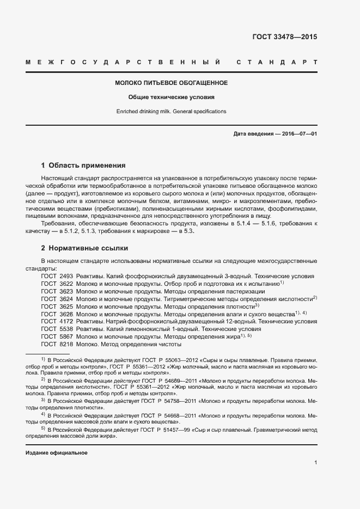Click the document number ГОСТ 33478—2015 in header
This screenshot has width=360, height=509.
pos(284,38)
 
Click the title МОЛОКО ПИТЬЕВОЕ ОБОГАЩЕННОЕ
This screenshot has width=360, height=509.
pos(171,83)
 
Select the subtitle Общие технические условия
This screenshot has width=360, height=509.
pos(171,97)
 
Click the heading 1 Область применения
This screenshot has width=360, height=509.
pos(83,165)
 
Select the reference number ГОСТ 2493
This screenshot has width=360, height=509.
pos(57,277)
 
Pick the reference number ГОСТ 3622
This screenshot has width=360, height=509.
pos(57,284)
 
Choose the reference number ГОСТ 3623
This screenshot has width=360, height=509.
pos(57,292)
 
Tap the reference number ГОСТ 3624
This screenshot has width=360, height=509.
pos(57,299)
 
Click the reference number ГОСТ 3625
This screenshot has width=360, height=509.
pos(57,307)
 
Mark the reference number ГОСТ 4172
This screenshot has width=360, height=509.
pos(57,322)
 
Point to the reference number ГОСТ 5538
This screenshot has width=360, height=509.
pos(57,329)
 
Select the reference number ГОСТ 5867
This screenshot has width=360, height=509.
pos(57,337)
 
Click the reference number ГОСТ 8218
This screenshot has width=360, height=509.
pos(57,345)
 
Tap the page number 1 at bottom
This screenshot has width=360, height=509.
pos(315,463)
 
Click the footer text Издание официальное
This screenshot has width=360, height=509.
pos(57,453)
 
